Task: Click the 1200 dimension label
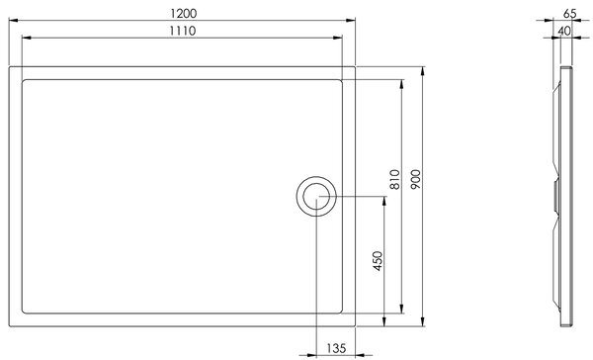point(184,13)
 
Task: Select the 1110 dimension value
point(182,31)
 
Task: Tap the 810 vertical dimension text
point(394,179)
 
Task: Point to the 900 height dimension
point(415,179)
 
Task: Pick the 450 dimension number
point(378,261)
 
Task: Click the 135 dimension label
point(336,347)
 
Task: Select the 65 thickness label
point(569,13)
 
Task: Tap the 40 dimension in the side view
point(564,31)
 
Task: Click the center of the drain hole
point(316,196)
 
